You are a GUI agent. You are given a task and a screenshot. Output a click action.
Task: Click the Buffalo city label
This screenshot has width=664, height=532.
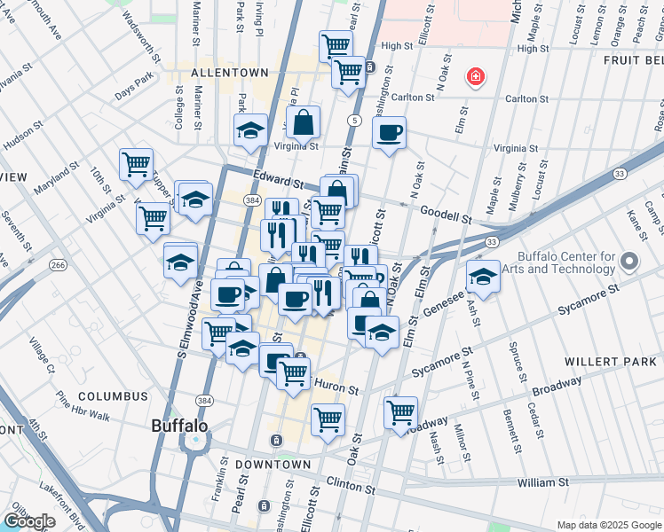point(179,425)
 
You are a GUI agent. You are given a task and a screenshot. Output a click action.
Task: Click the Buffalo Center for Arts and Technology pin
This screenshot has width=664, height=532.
point(629,262)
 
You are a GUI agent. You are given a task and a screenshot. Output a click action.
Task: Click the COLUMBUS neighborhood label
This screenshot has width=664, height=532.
point(113,395)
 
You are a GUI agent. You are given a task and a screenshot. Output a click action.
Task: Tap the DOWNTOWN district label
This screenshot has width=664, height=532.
point(273,464)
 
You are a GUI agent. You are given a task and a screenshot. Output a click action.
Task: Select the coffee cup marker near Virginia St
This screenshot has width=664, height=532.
point(389,134)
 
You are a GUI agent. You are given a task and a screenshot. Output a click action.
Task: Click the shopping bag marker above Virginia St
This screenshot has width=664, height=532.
point(304,123)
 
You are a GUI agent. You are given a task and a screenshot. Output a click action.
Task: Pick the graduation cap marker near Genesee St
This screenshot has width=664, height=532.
point(483,278)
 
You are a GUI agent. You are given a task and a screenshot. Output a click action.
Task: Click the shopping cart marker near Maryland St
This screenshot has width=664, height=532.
point(136,164)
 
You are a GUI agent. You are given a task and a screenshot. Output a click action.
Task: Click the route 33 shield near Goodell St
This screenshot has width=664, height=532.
point(490,240)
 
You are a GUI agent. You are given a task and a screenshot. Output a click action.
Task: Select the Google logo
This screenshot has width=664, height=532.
point(29,521)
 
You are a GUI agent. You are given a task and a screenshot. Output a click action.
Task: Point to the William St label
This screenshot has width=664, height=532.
point(542,482)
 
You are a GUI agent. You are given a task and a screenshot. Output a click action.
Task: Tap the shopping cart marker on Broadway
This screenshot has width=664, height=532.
point(400,411)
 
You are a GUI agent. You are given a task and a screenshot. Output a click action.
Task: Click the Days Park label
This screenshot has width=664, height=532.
point(134,91)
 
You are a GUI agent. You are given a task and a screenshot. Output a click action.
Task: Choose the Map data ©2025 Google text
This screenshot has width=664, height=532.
point(609,525)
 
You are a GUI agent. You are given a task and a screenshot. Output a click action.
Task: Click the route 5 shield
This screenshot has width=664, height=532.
point(354,120)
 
